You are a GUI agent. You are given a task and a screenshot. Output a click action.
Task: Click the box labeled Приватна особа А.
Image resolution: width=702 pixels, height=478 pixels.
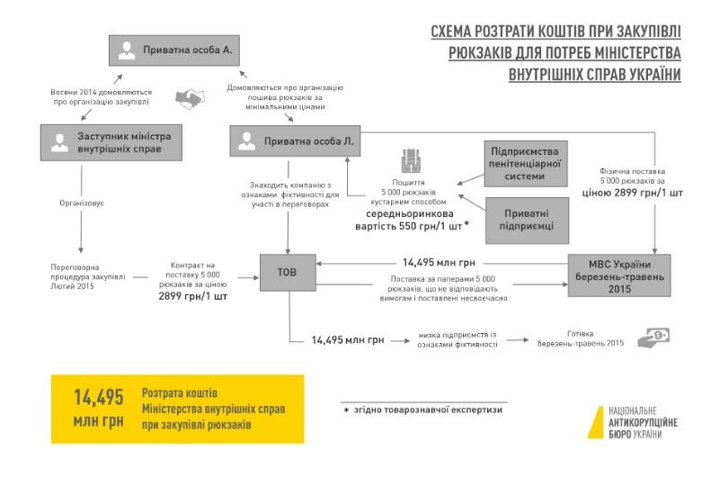click(174, 50)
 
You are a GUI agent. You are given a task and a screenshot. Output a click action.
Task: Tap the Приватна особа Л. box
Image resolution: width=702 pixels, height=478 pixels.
click(296, 141)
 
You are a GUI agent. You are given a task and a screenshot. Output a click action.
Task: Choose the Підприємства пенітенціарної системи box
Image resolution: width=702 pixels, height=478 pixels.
click(528, 162)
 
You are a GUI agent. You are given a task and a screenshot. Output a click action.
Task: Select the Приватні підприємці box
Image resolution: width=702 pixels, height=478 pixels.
click(528, 221)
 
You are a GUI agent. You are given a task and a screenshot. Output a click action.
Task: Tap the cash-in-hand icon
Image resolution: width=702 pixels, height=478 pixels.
click(653, 338)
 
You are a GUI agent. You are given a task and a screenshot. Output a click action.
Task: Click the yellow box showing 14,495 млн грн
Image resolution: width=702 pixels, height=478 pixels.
click(176, 408)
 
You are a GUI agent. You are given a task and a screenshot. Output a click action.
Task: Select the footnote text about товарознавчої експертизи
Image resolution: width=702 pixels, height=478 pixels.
click(423, 410)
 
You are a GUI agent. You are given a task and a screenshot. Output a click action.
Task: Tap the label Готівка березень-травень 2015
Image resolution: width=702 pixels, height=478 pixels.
click(581, 338)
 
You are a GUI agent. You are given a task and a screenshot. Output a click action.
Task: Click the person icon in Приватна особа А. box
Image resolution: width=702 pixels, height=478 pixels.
click(128, 51)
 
